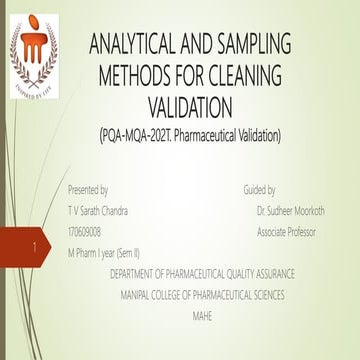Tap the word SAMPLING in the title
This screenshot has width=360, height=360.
251,45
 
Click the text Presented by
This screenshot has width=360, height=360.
88,189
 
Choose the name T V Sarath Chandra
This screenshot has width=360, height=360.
97,211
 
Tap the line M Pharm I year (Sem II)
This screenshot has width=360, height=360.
104,253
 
